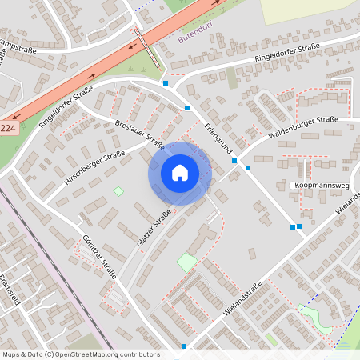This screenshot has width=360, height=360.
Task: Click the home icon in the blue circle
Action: pos(180,172)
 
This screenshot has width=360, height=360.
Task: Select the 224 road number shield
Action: pos(7,128)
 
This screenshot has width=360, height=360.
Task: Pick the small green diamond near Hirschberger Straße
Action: pos(119,191)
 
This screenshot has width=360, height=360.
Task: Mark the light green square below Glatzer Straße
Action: pos(187,262)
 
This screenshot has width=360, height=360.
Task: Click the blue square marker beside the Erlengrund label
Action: pos(187,107)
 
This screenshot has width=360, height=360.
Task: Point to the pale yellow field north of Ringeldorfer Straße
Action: pos(308,8)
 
